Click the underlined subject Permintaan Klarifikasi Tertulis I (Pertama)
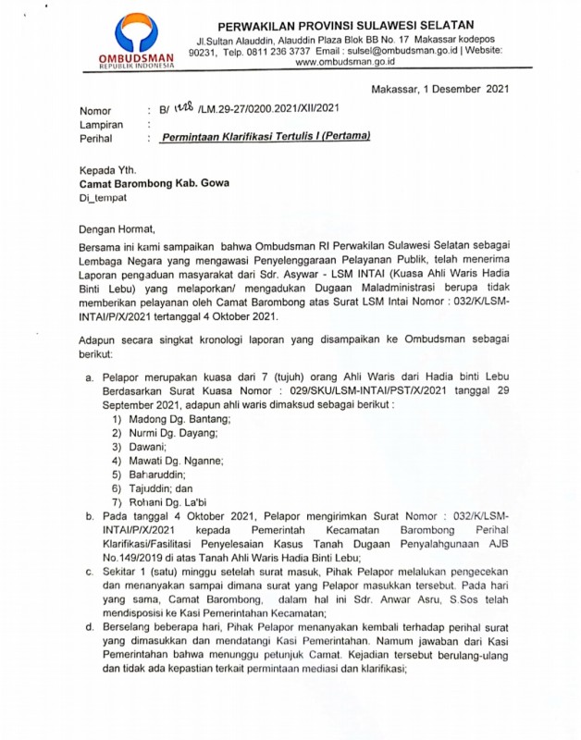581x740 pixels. [266, 137]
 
